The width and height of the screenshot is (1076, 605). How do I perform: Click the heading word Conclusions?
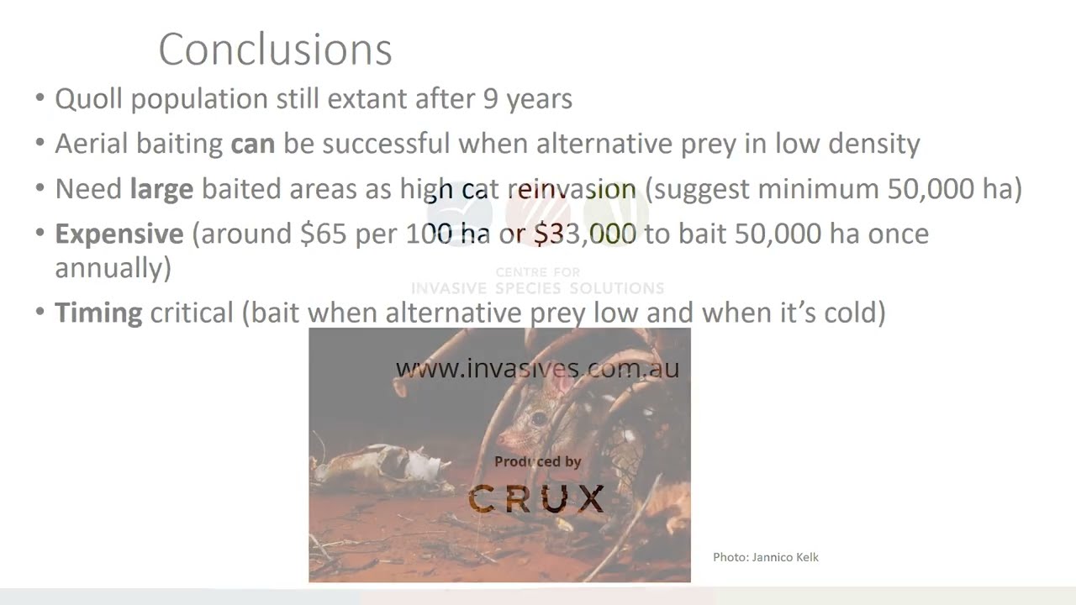tap(275, 50)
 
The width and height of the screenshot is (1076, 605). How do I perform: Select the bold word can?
tap(252, 144)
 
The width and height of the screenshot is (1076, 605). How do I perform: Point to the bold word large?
tap(161, 189)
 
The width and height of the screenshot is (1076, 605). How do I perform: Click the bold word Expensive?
tap(119, 234)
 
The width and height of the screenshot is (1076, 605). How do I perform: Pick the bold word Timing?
tap(98, 313)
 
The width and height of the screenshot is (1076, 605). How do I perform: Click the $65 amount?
tap(323, 234)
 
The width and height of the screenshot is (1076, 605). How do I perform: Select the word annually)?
tap(113, 268)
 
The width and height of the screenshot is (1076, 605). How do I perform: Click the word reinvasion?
tap(571, 189)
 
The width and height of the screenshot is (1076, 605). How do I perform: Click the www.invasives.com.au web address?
tap(537, 368)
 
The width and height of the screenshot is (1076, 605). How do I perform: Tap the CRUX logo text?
tap(536, 499)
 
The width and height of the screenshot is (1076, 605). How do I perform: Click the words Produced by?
tap(537, 461)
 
